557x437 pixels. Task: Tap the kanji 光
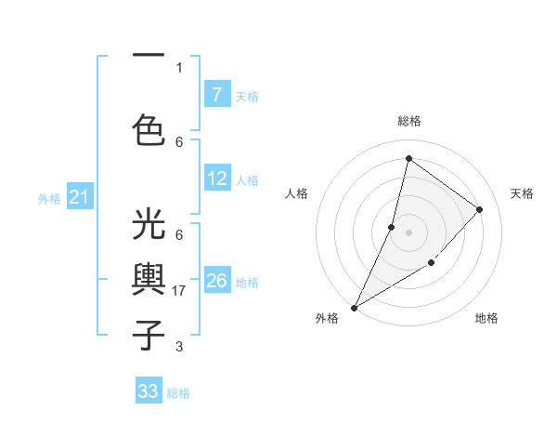tap(149, 225)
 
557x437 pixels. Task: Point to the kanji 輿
tap(149, 280)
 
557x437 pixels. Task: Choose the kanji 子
tap(149, 334)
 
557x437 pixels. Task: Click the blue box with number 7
tap(217, 95)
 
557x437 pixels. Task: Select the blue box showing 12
tap(217, 179)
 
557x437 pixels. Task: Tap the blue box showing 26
tap(217, 281)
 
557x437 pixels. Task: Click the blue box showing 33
tap(149, 391)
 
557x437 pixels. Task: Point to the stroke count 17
tap(180, 291)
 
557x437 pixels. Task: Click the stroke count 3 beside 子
tap(178, 347)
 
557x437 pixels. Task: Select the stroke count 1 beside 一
tap(178, 67)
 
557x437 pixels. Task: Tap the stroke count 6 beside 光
tap(178, 235)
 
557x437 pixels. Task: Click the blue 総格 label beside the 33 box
tap(178, 393)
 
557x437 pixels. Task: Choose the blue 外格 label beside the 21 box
tap(49, 198)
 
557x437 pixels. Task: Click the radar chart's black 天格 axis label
tap(522, 193)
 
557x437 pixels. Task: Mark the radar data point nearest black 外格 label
tap(354, 308)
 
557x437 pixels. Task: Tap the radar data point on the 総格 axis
tap(408, 158)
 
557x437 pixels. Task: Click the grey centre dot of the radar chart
tap(408, 232)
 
